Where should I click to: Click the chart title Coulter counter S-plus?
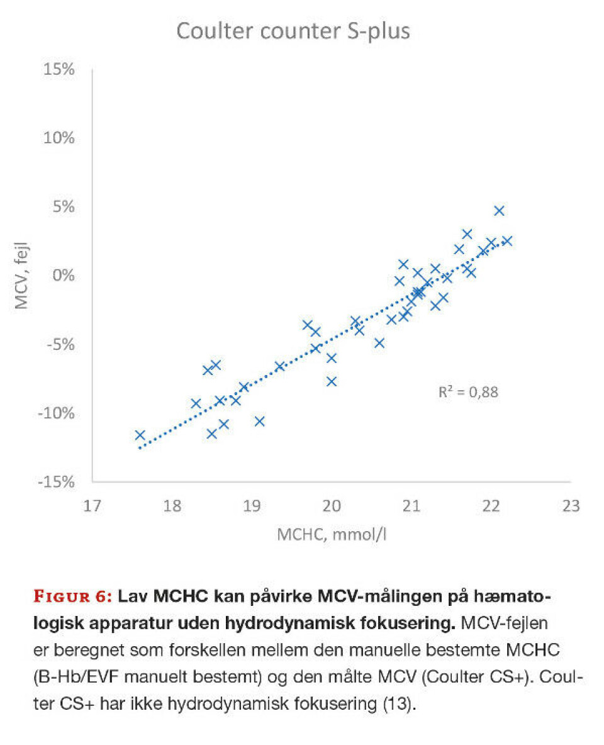pyautogui.click(x=293, y=31)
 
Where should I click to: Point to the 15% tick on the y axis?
pyautogui.click(x=59, y=69)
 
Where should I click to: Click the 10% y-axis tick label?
pyautogui.click(x=59, y=137)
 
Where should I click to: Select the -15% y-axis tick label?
pyautogui.click(x=57, y=481)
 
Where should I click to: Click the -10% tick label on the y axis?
pyautogui.click(x=57, y=413)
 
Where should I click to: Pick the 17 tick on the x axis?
pyautogui.click(x=92, y=507)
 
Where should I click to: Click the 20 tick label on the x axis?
pyautogui.click(x=332, y=507)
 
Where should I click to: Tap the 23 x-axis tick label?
pyautogui.click(x=570, y=507)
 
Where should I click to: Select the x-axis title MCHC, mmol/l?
pyautogui.click(x=331, y=535)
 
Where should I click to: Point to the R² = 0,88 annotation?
pyautogui.click(x=468, y=393)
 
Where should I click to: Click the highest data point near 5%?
pyautogui.click(x=499, y=211)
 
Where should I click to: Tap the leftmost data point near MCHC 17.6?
pyautogui.click(x=140, y=435)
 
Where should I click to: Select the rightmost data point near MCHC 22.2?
pyautogui.click(x=507, y=241)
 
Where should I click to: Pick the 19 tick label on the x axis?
pyautogui.click(x=252, y=507)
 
